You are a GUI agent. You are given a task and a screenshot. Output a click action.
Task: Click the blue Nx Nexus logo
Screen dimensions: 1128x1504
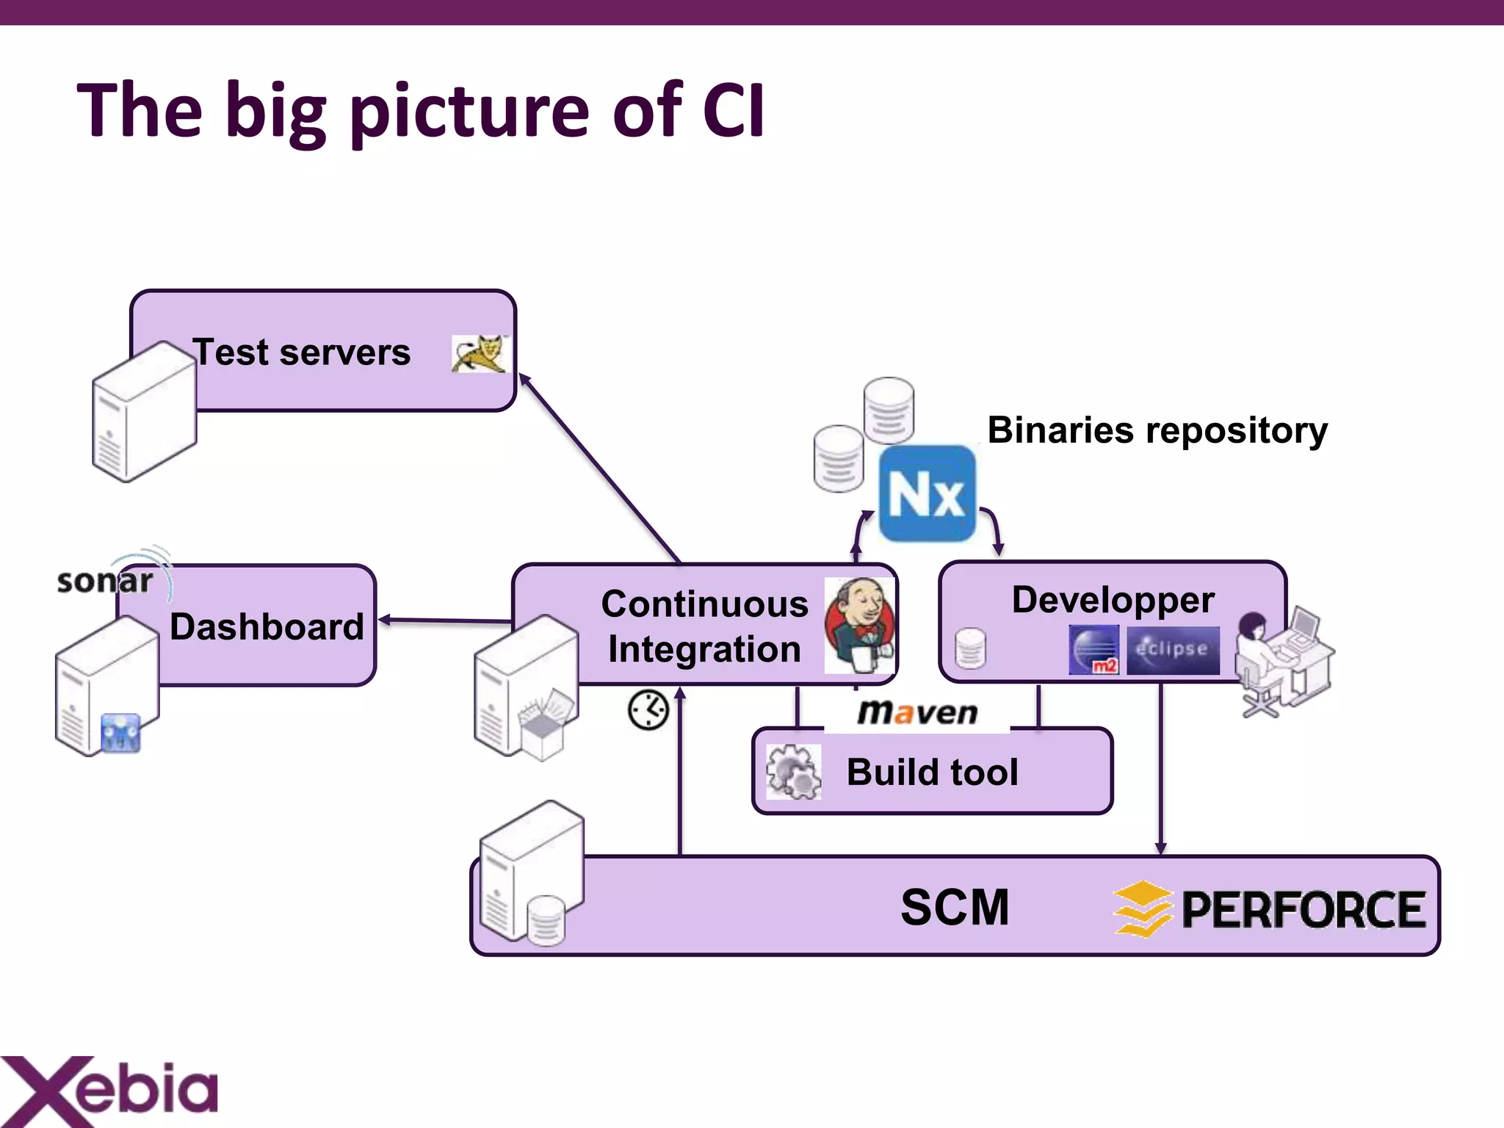(927, 493)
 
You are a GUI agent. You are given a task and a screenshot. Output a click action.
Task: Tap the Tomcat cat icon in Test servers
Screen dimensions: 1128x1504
(480, 354)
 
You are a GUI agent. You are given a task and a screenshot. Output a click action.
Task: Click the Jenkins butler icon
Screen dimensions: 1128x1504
(858, 624)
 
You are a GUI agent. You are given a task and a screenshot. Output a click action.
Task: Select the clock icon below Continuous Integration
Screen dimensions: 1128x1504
(648, 709)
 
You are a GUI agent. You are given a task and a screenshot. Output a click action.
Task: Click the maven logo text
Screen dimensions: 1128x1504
(917, 712)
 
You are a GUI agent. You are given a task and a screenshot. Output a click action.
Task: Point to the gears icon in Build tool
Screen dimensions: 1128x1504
(793, 772)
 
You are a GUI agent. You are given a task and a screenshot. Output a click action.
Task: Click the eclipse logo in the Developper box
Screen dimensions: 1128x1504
(1173, 650)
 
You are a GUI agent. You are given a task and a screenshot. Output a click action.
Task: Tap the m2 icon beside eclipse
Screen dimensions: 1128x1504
(1093, 650)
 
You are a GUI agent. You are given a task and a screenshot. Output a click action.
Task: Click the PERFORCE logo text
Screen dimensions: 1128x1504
(1303, 910)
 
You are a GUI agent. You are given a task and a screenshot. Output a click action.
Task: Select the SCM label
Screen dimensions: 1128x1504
(955, 908)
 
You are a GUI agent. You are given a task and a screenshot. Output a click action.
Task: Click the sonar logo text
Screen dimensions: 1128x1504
(105, 581)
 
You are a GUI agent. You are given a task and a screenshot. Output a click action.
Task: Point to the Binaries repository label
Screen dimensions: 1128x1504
(1157, 430)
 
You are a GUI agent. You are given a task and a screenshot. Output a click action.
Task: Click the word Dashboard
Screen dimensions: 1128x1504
(267, 627)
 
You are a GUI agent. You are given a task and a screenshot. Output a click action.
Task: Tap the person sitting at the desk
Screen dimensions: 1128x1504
(1257, 646)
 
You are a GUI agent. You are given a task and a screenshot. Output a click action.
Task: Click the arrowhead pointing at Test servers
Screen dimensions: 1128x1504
(524, 379)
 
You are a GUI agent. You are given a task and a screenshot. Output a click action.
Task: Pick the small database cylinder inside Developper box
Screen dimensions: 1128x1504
(970, 648)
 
